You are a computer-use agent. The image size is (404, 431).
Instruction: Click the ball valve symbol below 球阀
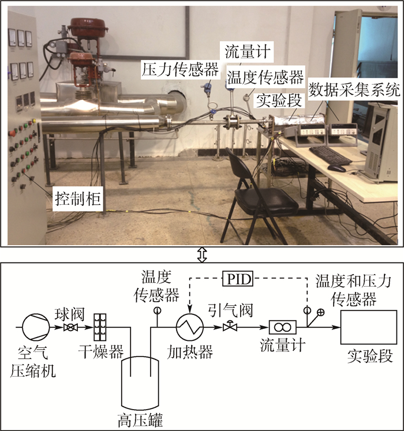(70, 328)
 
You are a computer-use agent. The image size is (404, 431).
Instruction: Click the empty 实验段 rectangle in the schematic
(368, 327)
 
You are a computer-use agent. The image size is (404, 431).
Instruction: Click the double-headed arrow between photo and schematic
(201, 253)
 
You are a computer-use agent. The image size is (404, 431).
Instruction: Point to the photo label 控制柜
(78, 200)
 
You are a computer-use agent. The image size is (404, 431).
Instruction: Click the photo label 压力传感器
(180, 70)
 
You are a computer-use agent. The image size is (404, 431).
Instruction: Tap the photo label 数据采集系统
(354, 89)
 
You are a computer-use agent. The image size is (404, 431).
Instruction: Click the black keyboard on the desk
(330, 155)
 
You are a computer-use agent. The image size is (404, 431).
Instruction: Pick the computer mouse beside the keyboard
(336, 168)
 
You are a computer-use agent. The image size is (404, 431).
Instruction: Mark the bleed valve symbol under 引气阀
(230, 327)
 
